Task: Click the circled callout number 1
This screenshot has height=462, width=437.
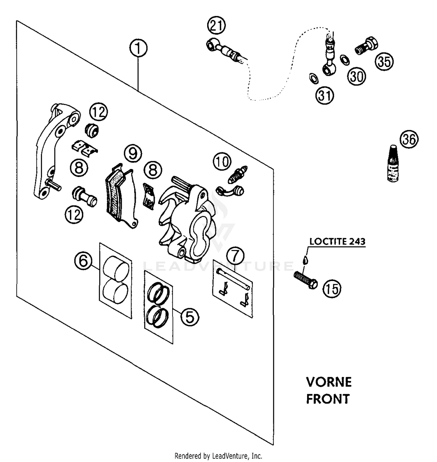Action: (138, 48)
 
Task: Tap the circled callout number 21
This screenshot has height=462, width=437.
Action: (216, 26)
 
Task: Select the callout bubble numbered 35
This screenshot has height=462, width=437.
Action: (384, 62)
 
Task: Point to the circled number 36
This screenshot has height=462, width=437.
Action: (409, 139)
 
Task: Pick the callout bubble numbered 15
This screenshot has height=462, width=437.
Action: (332, 289)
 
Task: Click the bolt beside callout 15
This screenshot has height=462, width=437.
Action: (306, 280)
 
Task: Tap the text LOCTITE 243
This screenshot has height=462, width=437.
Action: (337, 241)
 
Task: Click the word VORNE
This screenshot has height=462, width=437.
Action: (329, 382)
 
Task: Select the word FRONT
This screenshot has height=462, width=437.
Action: (328, 399)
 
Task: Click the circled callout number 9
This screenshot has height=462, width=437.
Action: (133, 153)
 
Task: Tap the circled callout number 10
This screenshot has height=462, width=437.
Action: (222, 161)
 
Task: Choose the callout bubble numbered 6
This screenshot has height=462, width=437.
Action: (83, 261)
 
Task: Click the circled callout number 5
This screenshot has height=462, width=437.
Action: (190, 317)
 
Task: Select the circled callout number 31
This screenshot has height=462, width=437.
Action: (325, 95)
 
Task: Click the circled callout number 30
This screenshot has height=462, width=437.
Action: (357, 76)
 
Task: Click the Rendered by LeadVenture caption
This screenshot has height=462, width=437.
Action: (218, 456)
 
